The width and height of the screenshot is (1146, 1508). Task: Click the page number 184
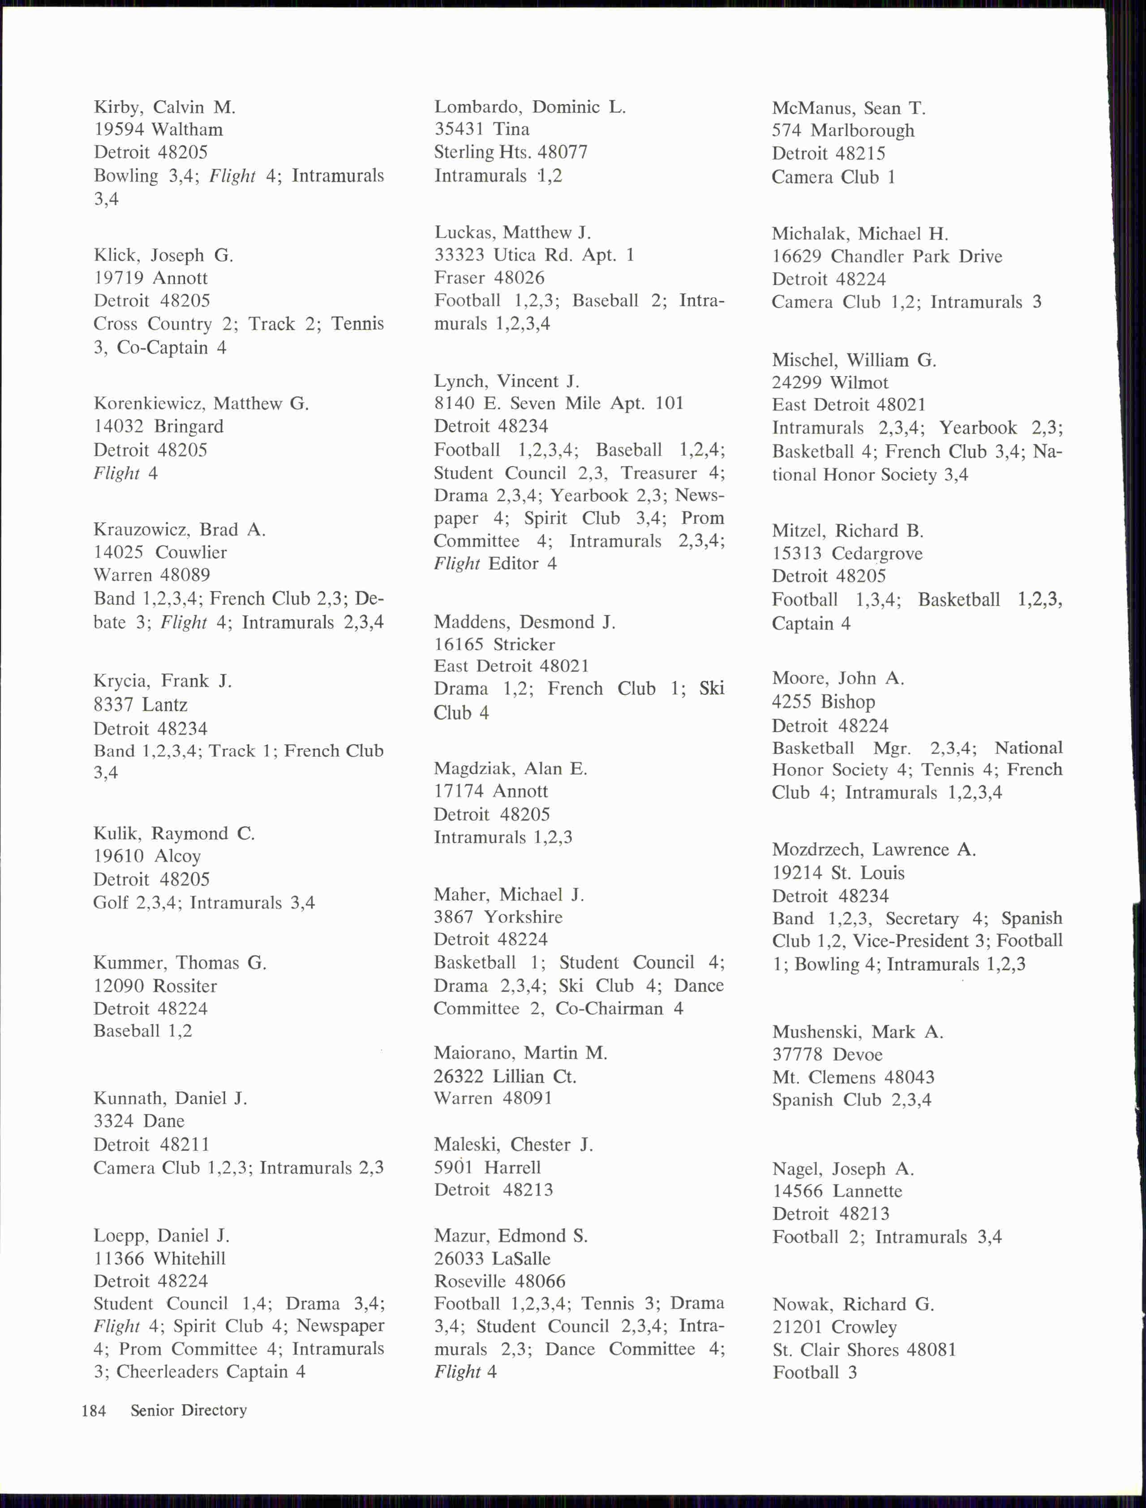(94, 1410)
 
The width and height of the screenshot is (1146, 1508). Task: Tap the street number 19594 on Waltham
(120, 129)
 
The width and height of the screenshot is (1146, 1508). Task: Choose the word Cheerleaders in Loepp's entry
(168, 1371)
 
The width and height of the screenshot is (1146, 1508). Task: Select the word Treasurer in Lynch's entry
(659, 473)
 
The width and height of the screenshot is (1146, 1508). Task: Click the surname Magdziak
(475, 769)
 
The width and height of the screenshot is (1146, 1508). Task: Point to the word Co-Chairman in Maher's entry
(609, 1008)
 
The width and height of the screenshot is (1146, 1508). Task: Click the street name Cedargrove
(876, 554)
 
